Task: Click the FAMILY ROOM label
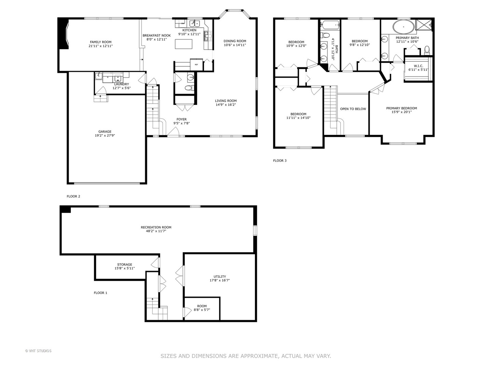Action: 101,42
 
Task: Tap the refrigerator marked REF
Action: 196,65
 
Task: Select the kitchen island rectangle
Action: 183,44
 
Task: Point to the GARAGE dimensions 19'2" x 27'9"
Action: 105,135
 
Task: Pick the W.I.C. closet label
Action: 419,66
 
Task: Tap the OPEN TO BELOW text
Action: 353,109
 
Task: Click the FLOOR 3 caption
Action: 280,161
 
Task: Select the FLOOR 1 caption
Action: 100,292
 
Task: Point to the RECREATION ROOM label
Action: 156,227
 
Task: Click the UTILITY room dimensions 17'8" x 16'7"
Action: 220,280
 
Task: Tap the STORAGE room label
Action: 125,264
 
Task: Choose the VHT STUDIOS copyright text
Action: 38,351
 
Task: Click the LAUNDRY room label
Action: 122,84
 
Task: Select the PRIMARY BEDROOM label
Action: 402,108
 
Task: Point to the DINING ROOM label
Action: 235,41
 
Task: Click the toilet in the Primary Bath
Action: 427,51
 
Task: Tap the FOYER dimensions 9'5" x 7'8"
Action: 181,123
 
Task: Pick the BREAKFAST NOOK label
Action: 157,36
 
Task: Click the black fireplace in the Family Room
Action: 63,33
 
